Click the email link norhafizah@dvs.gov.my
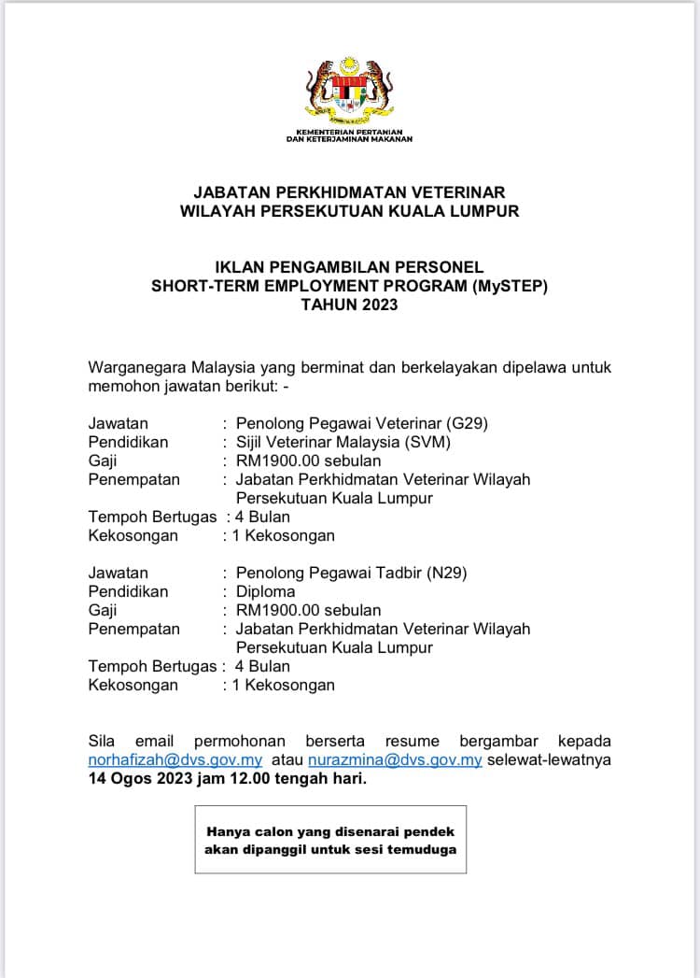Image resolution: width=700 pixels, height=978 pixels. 175,759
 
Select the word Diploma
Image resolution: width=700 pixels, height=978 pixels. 265,591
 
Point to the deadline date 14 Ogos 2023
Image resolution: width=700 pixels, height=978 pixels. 148,778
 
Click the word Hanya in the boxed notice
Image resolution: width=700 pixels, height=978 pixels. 226,831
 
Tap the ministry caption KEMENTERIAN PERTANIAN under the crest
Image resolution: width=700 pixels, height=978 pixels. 349,133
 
